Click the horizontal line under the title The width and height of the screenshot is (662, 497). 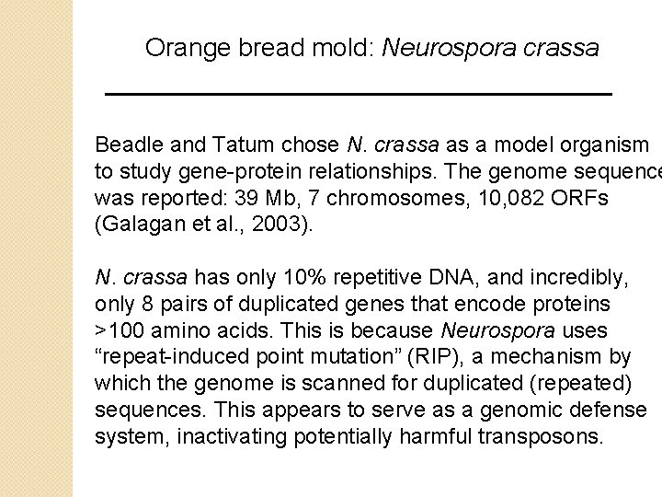360,94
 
